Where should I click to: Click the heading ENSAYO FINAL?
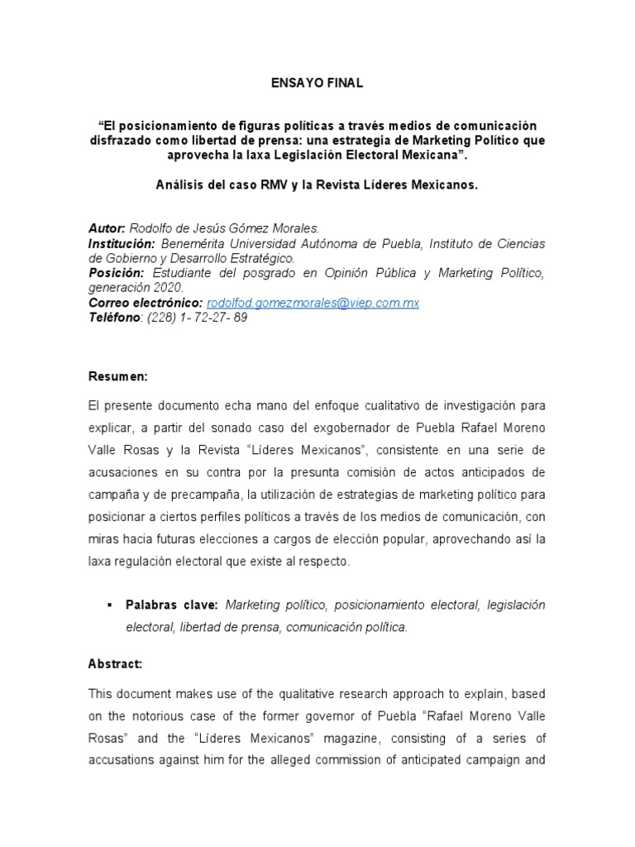(317, 84)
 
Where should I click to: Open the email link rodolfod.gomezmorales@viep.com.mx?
(313, 304)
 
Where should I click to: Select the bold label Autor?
(107, 228)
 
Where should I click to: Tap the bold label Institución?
(122, 243)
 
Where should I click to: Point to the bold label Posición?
(117, 273)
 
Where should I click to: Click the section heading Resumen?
(117, 376)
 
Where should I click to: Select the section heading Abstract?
(115, 663)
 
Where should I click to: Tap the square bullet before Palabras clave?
(109, 605)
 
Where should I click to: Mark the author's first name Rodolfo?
(154, 228)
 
